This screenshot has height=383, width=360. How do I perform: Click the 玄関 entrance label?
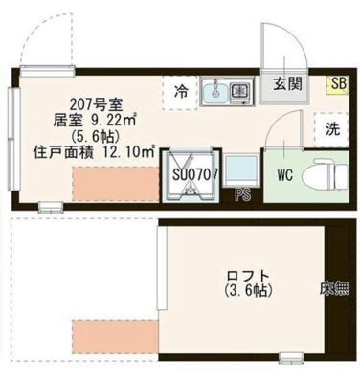pos(286,83)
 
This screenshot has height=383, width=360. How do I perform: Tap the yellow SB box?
pos(338,84)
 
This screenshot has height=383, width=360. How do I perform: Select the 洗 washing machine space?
pos(331,128)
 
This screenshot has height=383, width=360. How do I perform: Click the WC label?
pos(285,174)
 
